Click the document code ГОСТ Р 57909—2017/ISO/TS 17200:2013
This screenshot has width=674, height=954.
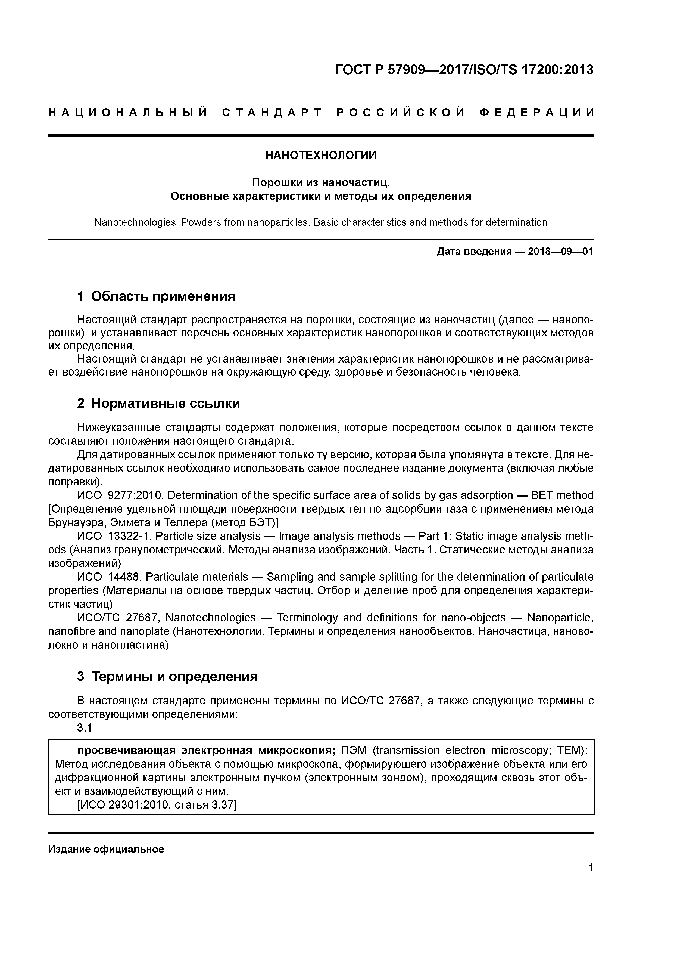pos(464,70)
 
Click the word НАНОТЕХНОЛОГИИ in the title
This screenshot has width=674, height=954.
pos(321,155)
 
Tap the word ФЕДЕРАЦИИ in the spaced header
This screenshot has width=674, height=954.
pos(536,113)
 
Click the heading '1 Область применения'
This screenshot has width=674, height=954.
pos(156,296)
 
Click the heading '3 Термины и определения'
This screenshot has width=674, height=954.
pos(167,676)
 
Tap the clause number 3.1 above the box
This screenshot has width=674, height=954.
pos(84,727)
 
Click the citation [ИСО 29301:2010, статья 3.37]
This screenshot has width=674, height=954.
pos(157,805)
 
